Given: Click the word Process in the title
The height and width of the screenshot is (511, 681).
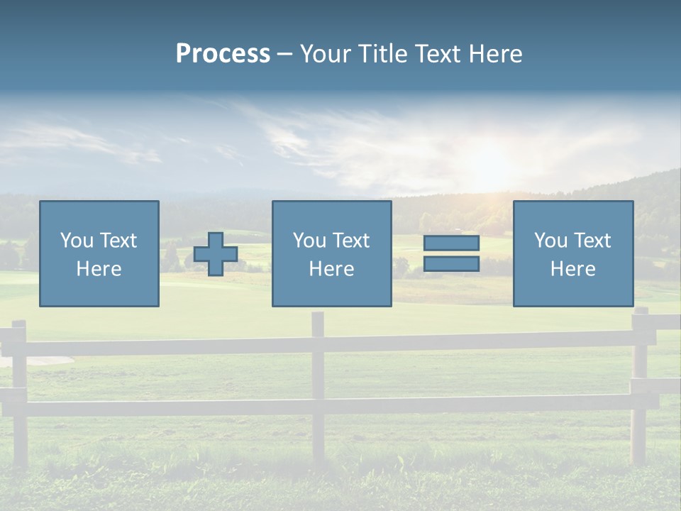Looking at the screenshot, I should point(223,54).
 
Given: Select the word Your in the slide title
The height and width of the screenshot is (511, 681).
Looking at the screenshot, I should point(326,54).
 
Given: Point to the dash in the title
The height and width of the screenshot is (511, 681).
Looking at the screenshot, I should point(284,55).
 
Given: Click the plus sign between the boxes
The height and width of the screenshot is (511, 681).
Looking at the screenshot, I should point(216,254).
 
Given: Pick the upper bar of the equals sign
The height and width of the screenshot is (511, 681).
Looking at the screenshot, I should point(451,243).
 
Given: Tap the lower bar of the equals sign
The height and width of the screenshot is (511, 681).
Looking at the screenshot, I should point(451,264).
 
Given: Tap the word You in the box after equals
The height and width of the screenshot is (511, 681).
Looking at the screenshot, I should point(551,241).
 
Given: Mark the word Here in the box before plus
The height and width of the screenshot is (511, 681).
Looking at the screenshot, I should point(99,269).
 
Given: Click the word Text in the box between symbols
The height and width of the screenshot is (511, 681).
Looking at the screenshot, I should point(352,241).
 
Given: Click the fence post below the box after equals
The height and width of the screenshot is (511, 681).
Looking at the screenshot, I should point(639,383).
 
